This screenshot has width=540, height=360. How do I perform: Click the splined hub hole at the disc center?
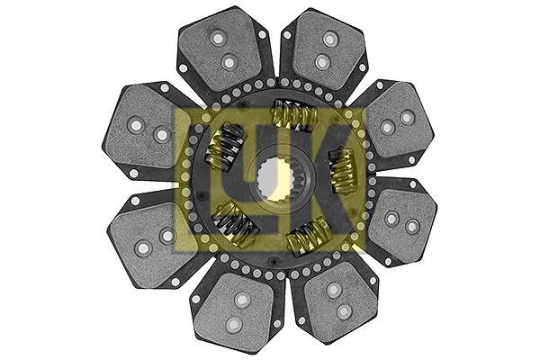pyautogui.click(x=270, y=180)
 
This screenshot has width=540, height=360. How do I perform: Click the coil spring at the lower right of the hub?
pyautogui.click(x=308, y=237)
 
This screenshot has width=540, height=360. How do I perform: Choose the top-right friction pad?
pyautogui.click(x=322, y=49)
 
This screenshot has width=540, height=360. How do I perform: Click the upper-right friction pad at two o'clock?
pyautogui.click(x=394, y=121)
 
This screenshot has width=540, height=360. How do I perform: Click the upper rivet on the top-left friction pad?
pyautogui.click(x=217, y=38)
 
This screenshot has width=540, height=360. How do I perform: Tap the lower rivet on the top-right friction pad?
pyautogui.click(x=322, y=62)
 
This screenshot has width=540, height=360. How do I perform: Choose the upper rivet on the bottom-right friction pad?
pyautogui.click(x=334, y=290)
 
